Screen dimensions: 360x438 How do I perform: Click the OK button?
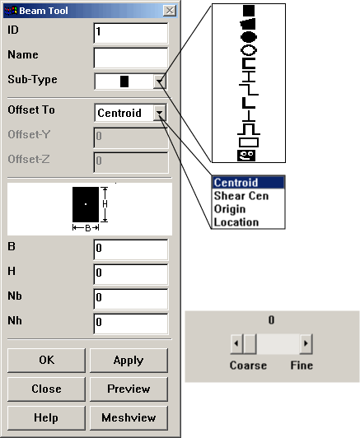point(46,361)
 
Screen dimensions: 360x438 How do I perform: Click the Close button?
point(46,389)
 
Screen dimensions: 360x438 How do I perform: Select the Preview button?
point(129,389)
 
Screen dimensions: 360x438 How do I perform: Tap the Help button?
point(46,418)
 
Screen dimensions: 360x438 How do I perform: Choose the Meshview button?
point(129,418)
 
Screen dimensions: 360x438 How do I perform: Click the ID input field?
point(131,33)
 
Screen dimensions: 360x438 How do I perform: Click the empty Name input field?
point(131,58)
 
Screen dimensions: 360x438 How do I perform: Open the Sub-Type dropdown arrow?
point(160,82)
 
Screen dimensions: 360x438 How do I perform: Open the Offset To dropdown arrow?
point(160,113)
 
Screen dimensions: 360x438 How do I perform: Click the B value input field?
point(131,249)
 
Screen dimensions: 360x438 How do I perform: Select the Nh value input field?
point(131,324)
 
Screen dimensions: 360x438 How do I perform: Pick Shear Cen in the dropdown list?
point(241,196)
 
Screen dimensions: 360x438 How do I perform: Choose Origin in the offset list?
point(230,209)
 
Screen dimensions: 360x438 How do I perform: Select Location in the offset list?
point(236,222)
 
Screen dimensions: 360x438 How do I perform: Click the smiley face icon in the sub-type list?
point(246,156)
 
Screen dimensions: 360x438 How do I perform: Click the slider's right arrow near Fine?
point(306,343)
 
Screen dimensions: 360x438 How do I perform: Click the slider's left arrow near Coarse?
point(236,343)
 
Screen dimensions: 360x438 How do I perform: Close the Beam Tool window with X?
point(170,11)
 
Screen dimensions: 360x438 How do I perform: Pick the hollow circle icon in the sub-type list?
point(249,50)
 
